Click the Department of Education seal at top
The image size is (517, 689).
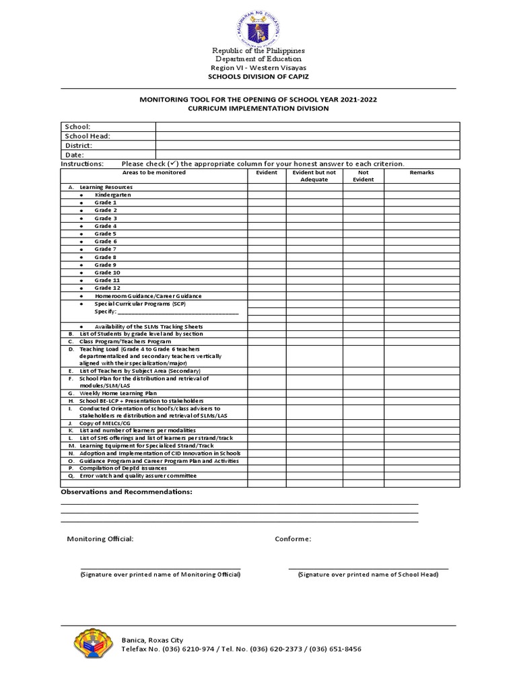pyautogui.click(x=258, y=25)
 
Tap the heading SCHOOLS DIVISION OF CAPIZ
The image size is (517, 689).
pyautogui.click(x=258, y=77)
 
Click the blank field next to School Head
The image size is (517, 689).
pyautogui.click(x=308, y=136)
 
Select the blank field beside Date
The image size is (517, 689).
pyautogui.click(x=308, y=155)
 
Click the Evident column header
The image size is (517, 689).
pyautogui.click(x=267, y=173)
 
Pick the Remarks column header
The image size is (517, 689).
pyautogui.click(x=421, y=173)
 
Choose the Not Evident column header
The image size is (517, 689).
pyautogui.click(x=364, y=176)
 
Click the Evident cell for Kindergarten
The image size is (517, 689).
pyautogui.click(x=267, y=195)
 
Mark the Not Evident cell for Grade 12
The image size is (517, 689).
pyautogui.click(x=364, y=288)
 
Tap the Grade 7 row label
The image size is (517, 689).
pyautogui.click(x=105, y=250)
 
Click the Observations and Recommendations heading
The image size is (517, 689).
pyautogui.click(x=127, y=492)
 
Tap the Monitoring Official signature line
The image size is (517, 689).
pyautogui.click(x=160, y=569)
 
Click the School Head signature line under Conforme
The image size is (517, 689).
pyautogui.click(x=368, y=569)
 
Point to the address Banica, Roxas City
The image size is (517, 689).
pyautogui.click(x=152, y=640)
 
